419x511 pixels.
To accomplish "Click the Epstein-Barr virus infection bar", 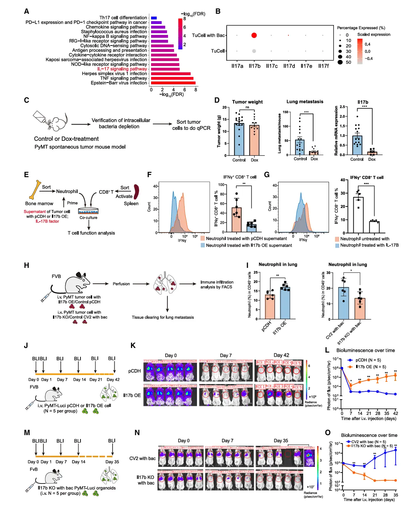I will [x=173, y=83].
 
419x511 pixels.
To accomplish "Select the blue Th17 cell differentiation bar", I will [x=154, y=18].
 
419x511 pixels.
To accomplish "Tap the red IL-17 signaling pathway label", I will [x=122, y=69].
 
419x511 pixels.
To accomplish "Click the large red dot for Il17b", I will [x=254, y=35].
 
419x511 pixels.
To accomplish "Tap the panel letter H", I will [x=26, y=265].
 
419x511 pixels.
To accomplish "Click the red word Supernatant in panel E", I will [x=35, y=212].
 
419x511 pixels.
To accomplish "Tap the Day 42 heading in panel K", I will [x=281, y=355].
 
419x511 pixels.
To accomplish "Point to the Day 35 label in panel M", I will [x=112, y=462].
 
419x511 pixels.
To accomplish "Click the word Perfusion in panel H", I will [x=121, y=284].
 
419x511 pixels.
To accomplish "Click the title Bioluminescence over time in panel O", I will [x=369, y=435].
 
